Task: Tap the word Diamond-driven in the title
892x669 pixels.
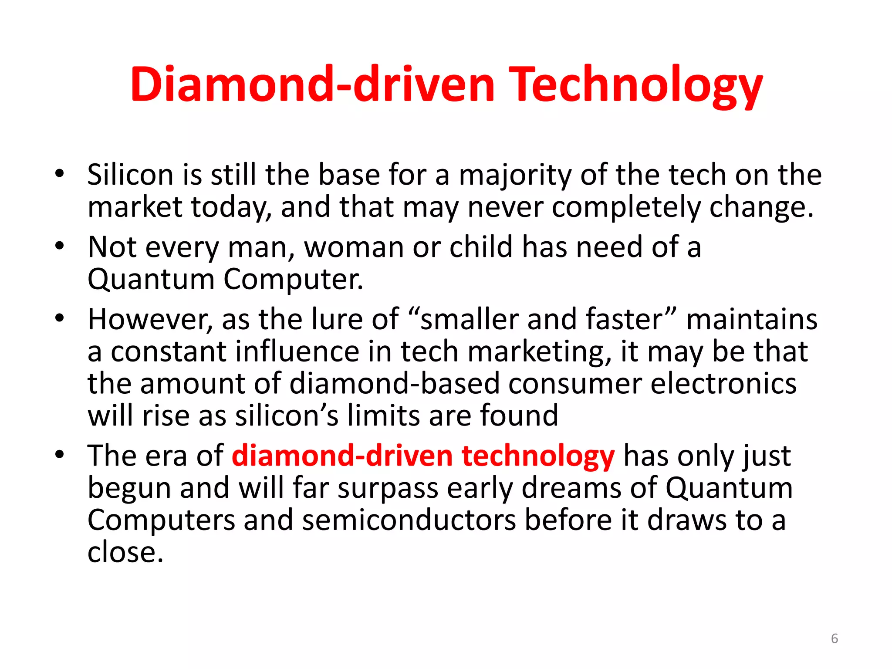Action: click(x=312, y=84)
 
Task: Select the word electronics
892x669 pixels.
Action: click(x=723, y=384)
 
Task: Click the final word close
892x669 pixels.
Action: click(x=125, y=553)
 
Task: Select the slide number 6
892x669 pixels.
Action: click(x=834, y=639)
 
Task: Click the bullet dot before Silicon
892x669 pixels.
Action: click(x=60, y=174)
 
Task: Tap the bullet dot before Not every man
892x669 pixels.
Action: click(x=60, y=247)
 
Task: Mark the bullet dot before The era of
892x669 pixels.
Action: click(x=60, y=455)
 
